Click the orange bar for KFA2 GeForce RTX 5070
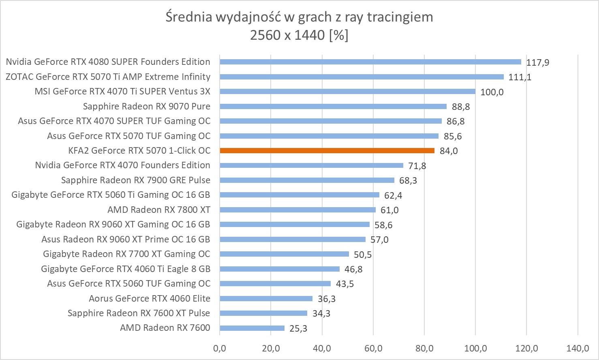[x=327, y=150]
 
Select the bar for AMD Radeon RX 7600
[x=252, y=328]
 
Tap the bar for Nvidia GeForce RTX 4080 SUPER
[x=370, y=62]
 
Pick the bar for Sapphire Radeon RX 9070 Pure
[x=333, y=106]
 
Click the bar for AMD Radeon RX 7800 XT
[x=297, y=210]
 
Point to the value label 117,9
[x=537, y=62]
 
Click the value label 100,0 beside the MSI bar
[x=492, y=92]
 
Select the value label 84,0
[x=448, y=151]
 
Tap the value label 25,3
[x=298, y=328]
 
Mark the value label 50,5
[x=363, y=255]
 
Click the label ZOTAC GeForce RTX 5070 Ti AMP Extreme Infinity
[x=108, y=77]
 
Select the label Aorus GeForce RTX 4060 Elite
[x=150, y=298]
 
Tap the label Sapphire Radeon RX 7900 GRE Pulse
[x=136, y=180]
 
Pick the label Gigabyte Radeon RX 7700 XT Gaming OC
[x=126, y=254]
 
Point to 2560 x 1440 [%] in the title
[x=299, y=35]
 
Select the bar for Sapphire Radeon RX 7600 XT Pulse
[x=263, y=313]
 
